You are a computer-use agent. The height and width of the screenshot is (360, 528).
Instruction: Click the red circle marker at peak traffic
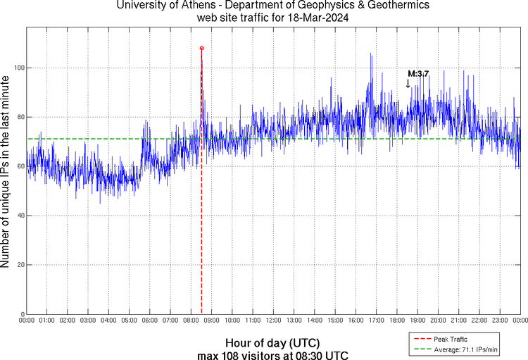pos(202,48)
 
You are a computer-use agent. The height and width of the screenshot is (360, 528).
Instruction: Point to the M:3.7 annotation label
pos(418,73)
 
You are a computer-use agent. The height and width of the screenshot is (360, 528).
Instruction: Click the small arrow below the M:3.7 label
pos(408,83)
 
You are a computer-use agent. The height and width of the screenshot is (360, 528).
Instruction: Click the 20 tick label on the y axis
pos(19,265)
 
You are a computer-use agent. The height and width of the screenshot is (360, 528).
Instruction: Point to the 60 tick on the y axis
pos(19,166)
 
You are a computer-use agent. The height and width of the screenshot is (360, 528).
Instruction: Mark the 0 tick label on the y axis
pos(21,314)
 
